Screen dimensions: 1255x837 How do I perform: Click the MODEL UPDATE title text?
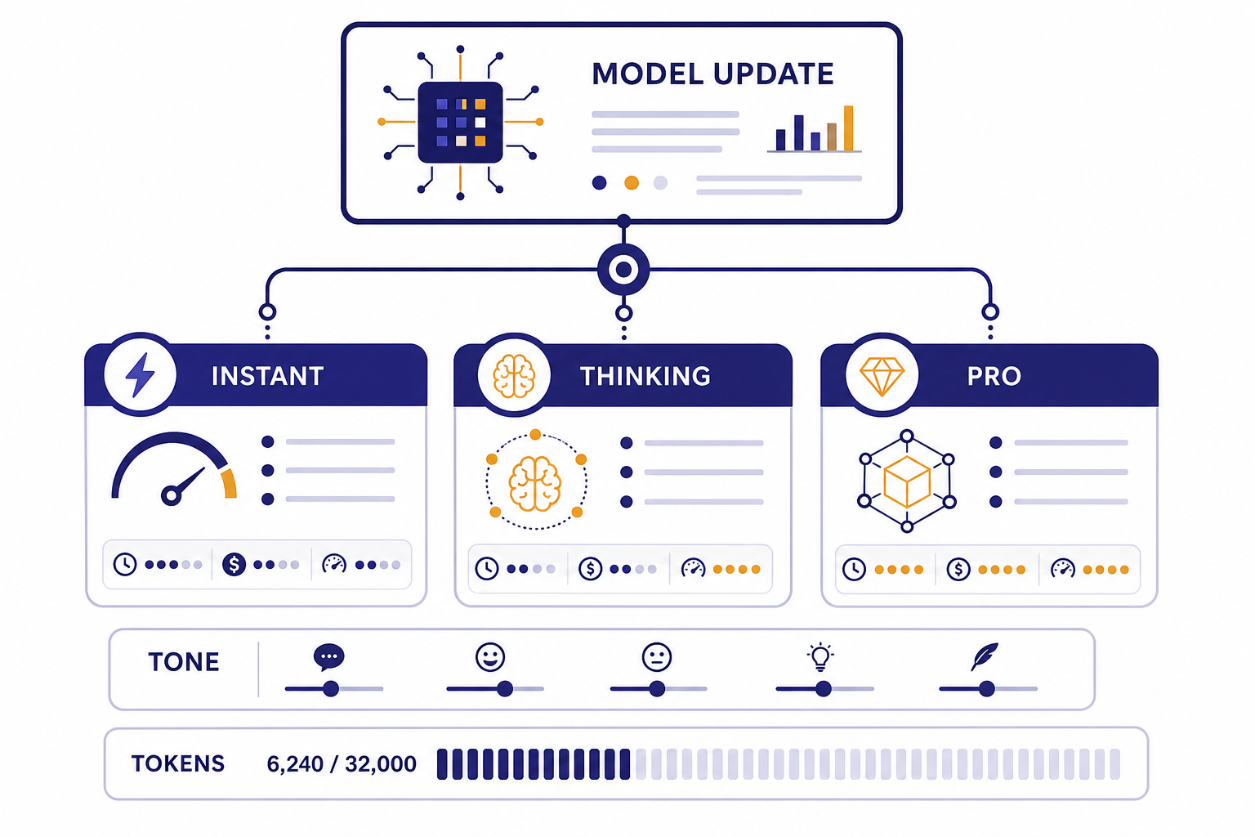pos(712,74)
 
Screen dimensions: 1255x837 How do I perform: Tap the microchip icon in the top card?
pos(460,123)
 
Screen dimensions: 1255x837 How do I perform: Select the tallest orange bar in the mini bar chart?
pos(848,128)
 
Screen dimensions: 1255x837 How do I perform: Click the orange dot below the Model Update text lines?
pos(632,183)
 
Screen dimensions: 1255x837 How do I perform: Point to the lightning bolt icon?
pos(140,374)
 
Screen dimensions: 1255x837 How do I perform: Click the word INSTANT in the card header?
pos(268,376)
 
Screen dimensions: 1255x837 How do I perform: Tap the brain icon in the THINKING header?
pos(514,376)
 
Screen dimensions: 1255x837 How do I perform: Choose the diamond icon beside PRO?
pos(882,376)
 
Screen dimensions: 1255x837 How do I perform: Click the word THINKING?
pos(645,376)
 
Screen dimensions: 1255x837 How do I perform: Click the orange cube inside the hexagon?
pos(907,481)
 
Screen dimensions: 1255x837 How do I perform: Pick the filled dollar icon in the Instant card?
pos(234,565)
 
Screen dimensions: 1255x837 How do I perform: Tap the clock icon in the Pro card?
pos(855,570)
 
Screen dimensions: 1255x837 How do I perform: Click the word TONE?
pos(184,662)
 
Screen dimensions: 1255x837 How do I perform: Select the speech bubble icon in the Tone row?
pos(329,657)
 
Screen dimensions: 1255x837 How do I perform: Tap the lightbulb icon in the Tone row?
pos(820,656)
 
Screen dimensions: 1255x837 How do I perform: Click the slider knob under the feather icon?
pos(987,688)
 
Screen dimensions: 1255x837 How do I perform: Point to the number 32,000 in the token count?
pos(381,764)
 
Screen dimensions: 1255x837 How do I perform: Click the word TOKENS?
pos(178,763)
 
